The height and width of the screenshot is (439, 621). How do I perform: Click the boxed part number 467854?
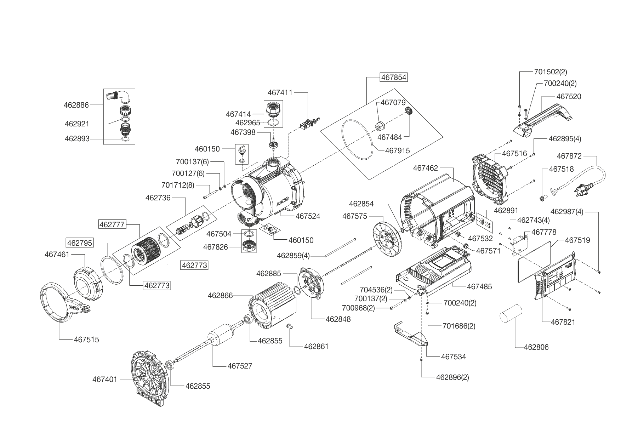(x=394, y=77)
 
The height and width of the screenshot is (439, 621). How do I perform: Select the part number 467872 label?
(x=569, y=156)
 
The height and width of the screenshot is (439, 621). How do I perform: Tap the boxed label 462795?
(x=80, y=243)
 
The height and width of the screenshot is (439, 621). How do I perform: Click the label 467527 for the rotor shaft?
(x=240, y=366)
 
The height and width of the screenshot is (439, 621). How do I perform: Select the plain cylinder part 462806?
(x=511, y=313)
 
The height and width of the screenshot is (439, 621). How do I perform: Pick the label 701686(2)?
(x=459, y=326)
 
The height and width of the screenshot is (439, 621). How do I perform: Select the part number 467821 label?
(x=563, y=322)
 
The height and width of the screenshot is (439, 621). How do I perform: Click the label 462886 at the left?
(x=76, y=105)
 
